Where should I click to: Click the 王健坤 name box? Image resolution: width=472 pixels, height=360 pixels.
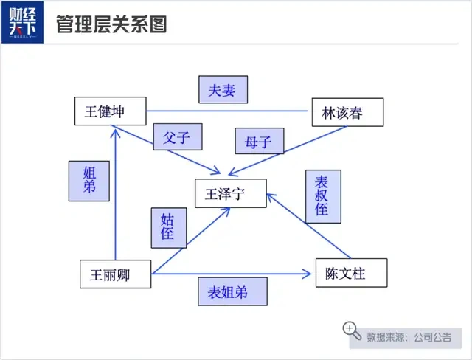click(x=110, y=111)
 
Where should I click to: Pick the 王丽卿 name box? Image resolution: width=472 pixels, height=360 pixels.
click(x=114, y=274)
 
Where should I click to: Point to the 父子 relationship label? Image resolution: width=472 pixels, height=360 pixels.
click(x=178, y=136)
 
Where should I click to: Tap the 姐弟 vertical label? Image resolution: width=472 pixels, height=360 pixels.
click(x=89, y=180)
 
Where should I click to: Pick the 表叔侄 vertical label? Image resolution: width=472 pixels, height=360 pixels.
click(x=322, y=196)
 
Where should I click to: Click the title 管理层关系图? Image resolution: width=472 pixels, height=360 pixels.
click(x=111, y=24)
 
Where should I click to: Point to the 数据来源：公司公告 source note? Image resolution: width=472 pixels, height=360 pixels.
click(x=409, y=337)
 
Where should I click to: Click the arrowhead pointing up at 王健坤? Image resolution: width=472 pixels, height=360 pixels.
click(x=117, y=131)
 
